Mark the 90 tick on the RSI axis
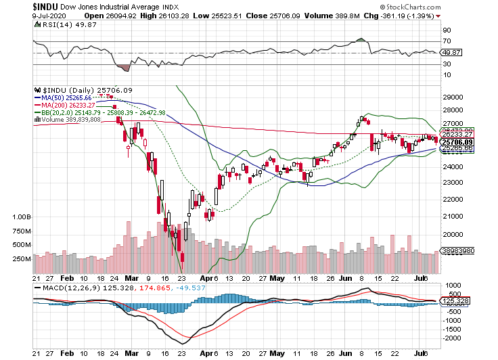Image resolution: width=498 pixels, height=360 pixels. click(447, 30)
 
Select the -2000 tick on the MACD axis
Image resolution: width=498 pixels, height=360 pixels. click(451, 337)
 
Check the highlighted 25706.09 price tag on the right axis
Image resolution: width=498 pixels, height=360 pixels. click(456, 142)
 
